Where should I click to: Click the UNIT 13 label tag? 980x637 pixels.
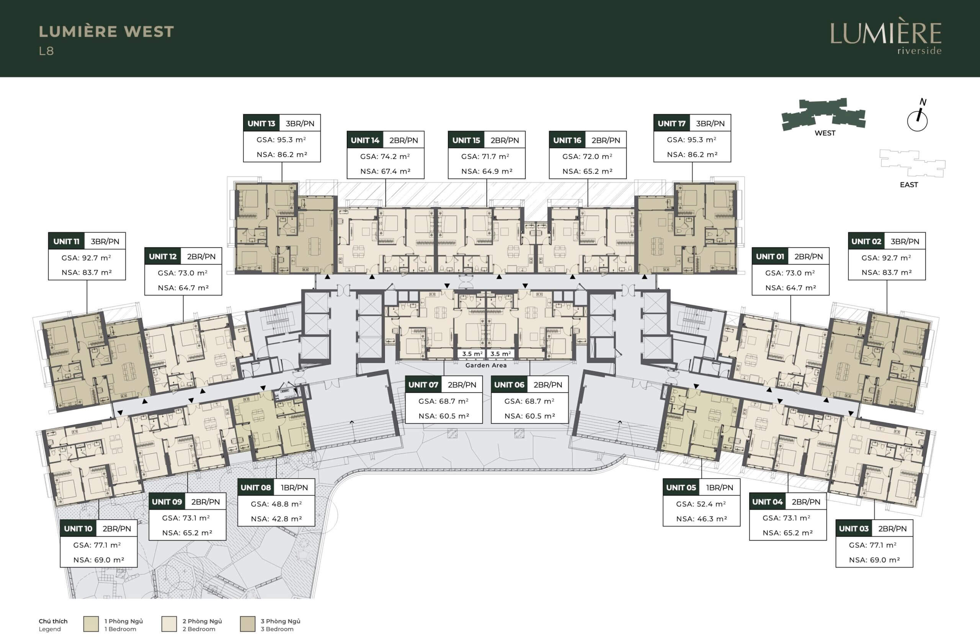coord(261,124)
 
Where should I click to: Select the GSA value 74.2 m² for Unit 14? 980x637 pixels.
coord(385,157)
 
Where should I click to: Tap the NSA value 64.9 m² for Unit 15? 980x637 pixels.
coord(487,171)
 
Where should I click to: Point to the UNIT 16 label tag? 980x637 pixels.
coord(567,140)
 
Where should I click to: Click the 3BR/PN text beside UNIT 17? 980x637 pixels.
coord(710,124)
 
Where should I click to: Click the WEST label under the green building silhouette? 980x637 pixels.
coord(825,133)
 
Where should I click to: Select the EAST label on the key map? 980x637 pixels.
coord(909,185)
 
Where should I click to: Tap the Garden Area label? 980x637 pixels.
coord(486,365)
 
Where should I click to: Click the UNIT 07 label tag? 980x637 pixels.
coord(423,385)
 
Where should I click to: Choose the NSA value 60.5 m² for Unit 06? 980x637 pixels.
coord(530,416)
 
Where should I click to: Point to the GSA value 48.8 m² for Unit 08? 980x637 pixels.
coord(276,504)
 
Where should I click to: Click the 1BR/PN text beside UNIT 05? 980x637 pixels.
coord(720,488)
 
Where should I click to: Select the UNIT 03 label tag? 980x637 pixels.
coord(854,529)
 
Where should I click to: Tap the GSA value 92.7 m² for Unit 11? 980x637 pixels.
coord(87,258)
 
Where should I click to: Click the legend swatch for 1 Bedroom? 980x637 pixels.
coord(91,624)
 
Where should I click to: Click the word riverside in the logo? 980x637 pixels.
coord(920,51)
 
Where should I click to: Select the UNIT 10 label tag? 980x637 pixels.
coord(78,529)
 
